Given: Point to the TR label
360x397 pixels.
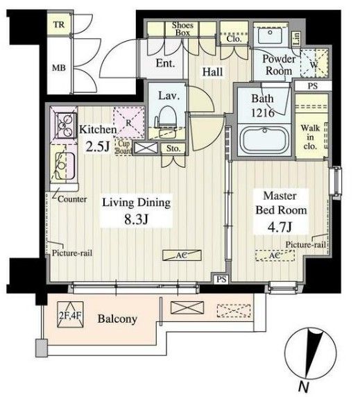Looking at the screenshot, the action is click(59, 24).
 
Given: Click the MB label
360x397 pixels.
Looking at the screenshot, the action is click(59, 67).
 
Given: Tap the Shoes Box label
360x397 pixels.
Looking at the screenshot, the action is click(182, 29).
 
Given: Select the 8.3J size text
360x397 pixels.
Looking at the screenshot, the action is click(136, 219).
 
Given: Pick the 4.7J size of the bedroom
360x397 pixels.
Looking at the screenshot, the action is click(280, 227).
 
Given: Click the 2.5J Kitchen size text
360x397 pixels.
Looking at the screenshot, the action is click(98, 146).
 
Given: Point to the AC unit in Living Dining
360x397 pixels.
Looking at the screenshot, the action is click(182, 255).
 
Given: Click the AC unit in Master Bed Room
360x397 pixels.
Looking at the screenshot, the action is click(275, 255).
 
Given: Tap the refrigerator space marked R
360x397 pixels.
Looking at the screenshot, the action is click(129, 123).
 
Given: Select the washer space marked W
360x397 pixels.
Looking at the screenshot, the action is click(314, 64).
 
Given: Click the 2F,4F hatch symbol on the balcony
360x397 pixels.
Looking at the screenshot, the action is click(70, 314).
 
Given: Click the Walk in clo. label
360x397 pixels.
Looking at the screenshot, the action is click(310, 137).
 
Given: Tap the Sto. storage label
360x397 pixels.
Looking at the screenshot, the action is click(173, 149).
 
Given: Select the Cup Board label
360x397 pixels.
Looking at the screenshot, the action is click(124, 147).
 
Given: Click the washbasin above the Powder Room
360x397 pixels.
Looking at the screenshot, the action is click(270, 35).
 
